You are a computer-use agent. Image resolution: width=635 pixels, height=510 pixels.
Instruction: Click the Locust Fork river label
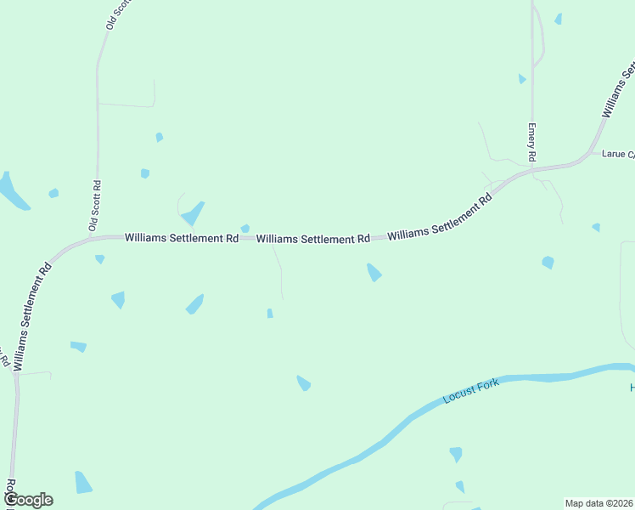(x=471, y=392)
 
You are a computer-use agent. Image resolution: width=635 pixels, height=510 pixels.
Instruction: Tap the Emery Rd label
(x=532, y=143)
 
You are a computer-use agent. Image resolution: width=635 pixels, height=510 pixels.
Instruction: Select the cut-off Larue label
(x=617, y=155)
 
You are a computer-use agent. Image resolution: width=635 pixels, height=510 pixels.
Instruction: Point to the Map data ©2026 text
(x=599, y=503)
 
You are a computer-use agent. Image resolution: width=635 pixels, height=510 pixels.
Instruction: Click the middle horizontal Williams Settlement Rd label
(x=313, y=240)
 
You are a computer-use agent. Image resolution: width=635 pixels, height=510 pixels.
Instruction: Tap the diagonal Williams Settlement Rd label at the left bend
(x=33, y=314)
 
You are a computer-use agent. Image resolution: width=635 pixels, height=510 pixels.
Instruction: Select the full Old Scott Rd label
(x=95, y=205)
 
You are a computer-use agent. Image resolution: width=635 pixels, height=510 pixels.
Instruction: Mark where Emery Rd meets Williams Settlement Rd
(x=532, y=169)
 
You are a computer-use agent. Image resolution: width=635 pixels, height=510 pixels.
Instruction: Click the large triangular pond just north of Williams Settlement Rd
(x=194, y=214)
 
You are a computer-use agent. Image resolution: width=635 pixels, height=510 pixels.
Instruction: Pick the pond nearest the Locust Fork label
(x=303, y=383)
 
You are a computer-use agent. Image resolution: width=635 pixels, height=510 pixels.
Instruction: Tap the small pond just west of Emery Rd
(x=521, y=79)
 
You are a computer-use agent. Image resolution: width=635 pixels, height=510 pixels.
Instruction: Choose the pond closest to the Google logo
(x=82, y=483)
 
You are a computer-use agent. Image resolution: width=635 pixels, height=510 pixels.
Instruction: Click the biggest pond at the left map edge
(x=12, y=191)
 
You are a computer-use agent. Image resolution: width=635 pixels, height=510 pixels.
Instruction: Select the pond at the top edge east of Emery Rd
(x=558, y=19)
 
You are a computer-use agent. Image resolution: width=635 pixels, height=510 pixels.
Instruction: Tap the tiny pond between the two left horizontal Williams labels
(x=245, y=228)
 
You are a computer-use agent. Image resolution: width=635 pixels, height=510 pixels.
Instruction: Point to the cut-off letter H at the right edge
(x=632, y=388)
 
